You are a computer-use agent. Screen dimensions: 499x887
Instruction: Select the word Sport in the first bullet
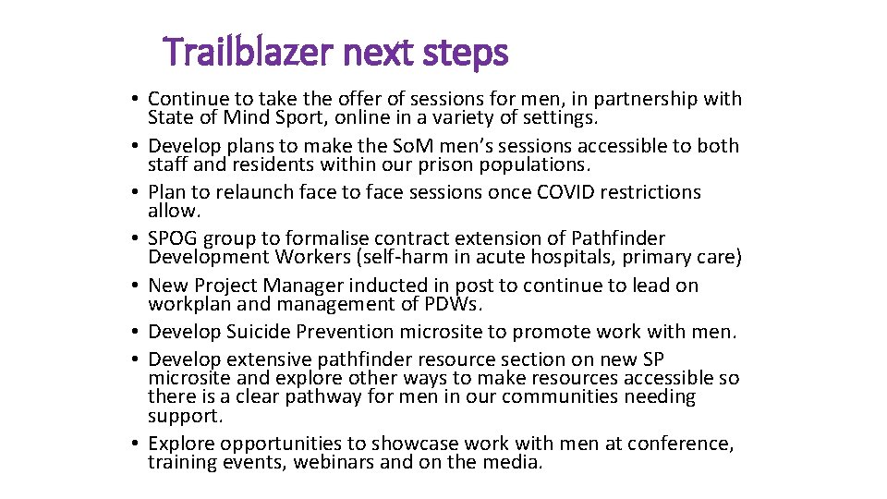pyautogui.click(x=301, y=117)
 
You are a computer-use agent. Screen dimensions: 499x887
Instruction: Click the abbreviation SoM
pyautogui.click(x=431, y=146)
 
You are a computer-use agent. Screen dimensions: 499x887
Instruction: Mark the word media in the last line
pyautogui.click(x=514, y=462)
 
